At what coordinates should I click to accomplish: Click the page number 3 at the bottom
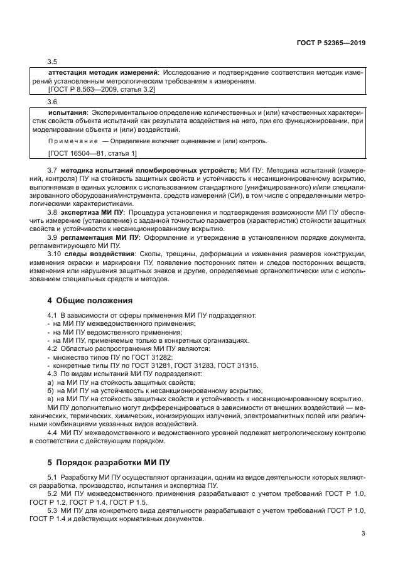(x=364, y=534)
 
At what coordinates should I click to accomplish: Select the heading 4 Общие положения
(x=90, y=300)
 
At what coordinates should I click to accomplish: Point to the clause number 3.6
(x=53, y=102)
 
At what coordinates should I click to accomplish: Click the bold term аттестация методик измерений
(x=92, y=73)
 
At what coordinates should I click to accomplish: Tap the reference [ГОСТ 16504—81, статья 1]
(x=92, y=153)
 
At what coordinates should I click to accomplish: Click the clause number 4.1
(x=52, y=315)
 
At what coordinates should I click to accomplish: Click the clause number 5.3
(x=53, y=512)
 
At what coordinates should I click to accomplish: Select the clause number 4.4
(x=53, y=433)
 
